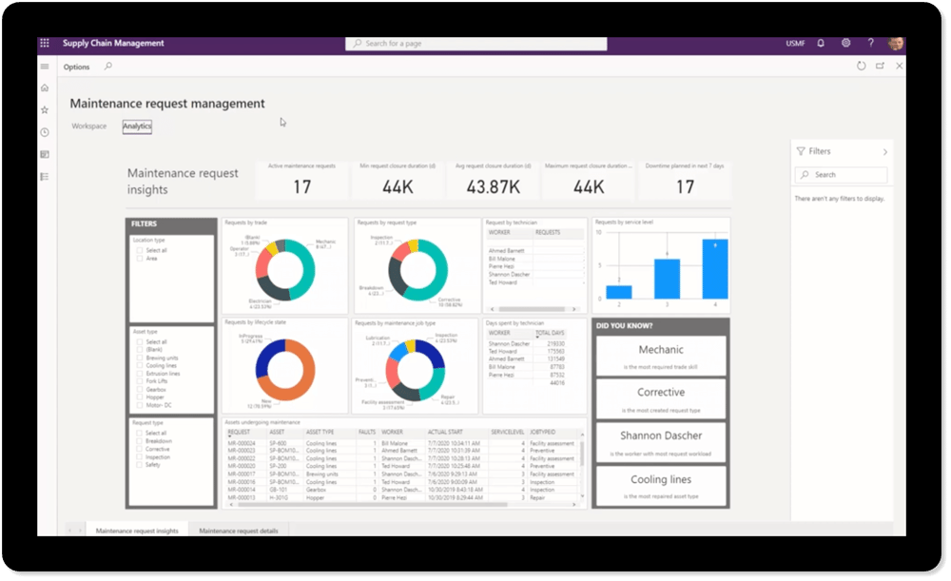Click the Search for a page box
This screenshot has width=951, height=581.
[475, 44]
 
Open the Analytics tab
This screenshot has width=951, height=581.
[137, 126]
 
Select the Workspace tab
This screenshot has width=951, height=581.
[89, 126]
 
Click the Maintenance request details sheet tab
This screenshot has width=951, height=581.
[239, 531]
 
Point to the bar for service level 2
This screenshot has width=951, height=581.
[619, 292]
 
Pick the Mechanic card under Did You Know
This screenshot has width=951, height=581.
[661, 356]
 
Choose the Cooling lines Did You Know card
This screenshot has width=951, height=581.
[661, 484]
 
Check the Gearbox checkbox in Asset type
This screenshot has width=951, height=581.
[140, 390]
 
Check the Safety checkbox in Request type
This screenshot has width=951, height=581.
[140, 465]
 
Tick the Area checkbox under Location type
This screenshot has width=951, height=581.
[140, 259]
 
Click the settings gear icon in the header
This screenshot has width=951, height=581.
[845, 44]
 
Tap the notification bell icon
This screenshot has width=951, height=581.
[821, 44]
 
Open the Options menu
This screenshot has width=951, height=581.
[76, 68]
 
